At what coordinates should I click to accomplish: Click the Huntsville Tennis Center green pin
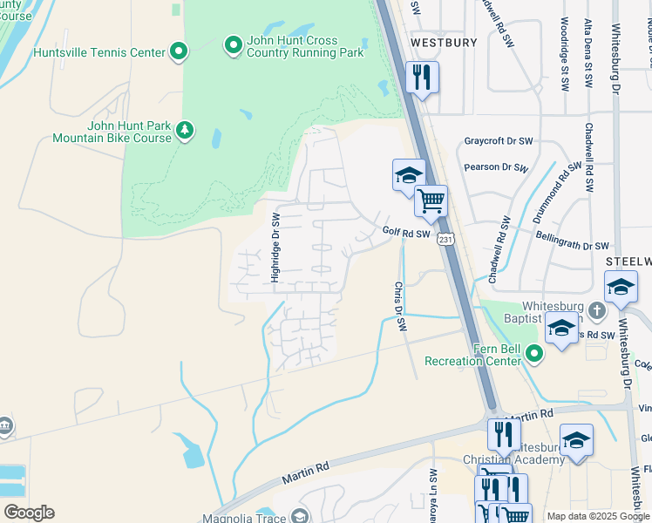point(179,52)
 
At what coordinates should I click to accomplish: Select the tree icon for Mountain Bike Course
point(184,131)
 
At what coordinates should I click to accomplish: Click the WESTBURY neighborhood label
point(444,43)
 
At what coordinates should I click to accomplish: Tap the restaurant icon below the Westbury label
point(422,78)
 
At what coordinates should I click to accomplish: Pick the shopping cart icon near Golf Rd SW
point(431,200)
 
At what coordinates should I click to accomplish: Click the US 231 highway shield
point(446,239)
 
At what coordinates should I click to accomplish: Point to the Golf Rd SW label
point(406,233)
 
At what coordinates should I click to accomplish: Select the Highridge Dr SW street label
point(275,248)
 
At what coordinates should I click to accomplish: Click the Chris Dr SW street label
point(400,305)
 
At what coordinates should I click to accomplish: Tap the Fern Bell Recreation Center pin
point(533,353)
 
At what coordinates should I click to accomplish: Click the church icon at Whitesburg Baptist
point(596,309)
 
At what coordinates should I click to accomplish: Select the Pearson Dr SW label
point(495,166)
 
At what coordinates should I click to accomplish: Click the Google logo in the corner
point(29,513)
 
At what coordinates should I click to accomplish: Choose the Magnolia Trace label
point(249,517)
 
